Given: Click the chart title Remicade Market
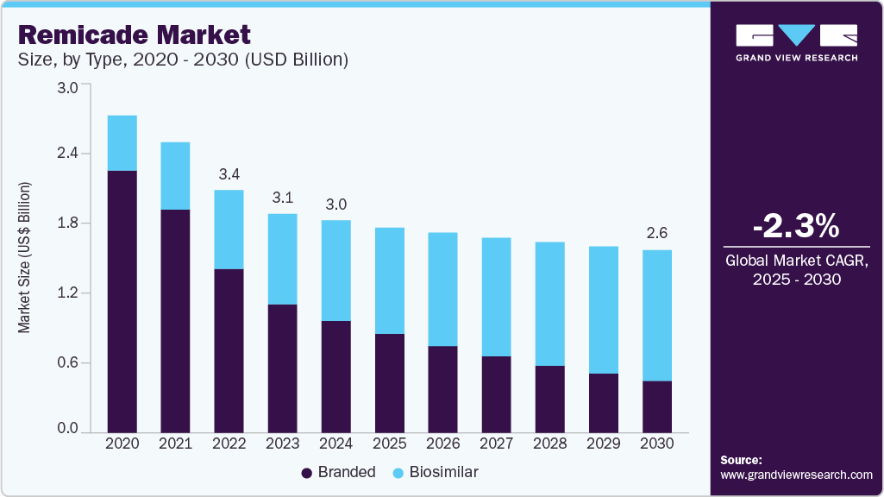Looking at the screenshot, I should (134, 35).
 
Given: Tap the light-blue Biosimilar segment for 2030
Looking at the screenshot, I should (657, 315).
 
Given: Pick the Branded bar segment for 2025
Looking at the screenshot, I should (390, 382).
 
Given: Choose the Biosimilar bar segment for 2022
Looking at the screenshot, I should (229, 229).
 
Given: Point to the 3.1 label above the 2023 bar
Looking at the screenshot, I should (282, 198).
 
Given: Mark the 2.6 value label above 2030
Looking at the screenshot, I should (657, 234).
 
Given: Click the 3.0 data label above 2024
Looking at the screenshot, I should (336, 204).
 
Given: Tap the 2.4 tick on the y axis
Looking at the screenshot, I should (67, 154).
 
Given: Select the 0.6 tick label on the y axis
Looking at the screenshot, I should (67, 362).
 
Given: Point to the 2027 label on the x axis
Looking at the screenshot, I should (497, 444).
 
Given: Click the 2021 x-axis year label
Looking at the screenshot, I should (175, 444).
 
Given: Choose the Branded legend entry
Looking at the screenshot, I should (338, 472).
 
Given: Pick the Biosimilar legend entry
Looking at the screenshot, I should (435, 472).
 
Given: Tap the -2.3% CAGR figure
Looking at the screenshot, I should (795, 226).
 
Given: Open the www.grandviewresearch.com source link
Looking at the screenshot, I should (796, 475).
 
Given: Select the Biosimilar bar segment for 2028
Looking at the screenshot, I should (550, 303).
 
